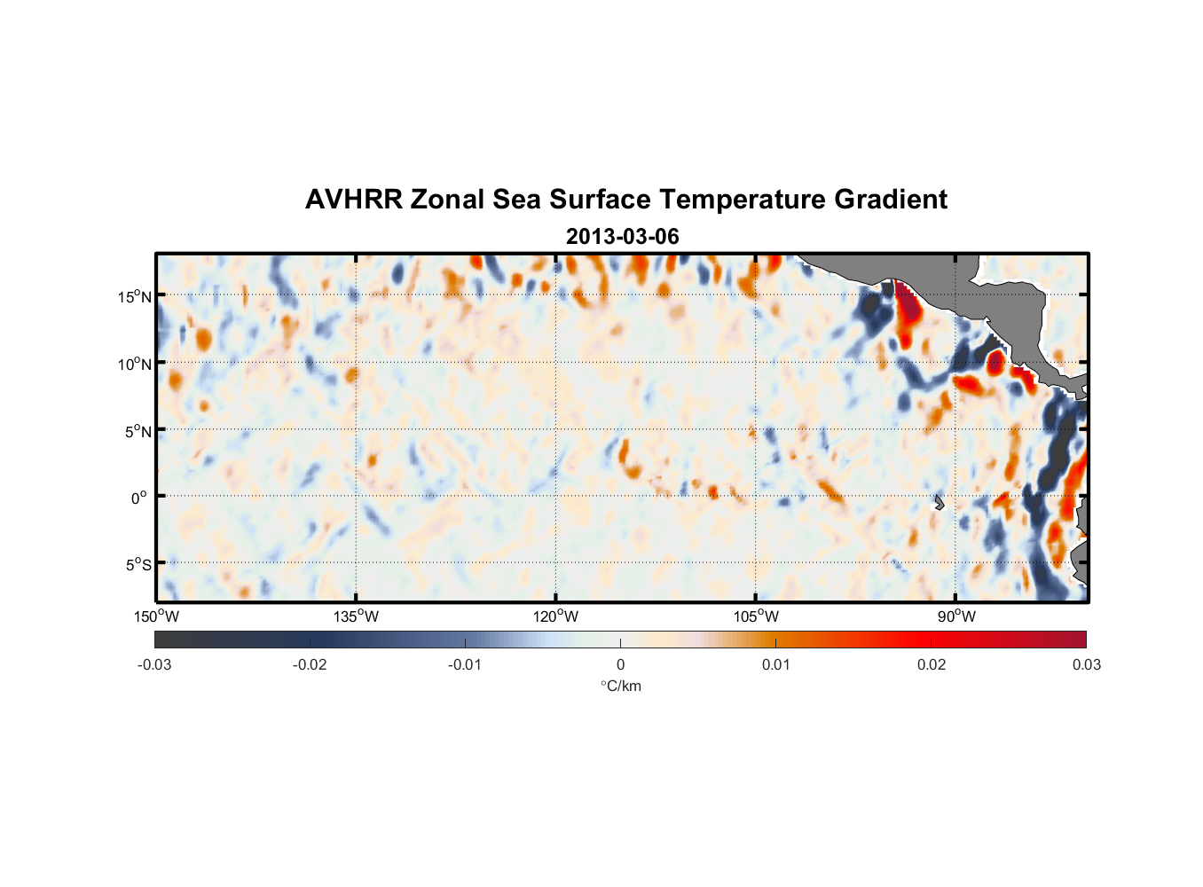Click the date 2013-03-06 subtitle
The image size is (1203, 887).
coord(622,237)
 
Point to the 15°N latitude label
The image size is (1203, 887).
coord(135,296)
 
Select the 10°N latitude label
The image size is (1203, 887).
coord(135,364)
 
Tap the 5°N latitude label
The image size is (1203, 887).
coord(138,431)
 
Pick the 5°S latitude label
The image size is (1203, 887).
coord(138,564)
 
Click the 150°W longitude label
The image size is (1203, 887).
coord(156,616)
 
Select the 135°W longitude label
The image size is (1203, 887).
coord(356,616)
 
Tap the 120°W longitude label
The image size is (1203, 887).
coord(555,616)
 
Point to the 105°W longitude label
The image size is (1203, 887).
coord(756,616)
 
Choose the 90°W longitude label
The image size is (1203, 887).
coord(956,616)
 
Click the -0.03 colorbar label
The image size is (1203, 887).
coord(154,664)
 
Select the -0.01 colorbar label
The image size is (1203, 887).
coord(465,664)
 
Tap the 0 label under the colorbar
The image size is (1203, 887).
coord(620,664)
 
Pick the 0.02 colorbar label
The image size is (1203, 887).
coord(932,664)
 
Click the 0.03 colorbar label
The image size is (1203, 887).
coord(1086,664)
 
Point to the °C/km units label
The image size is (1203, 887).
coord(620,686)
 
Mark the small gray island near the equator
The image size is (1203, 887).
coord(939,502)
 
